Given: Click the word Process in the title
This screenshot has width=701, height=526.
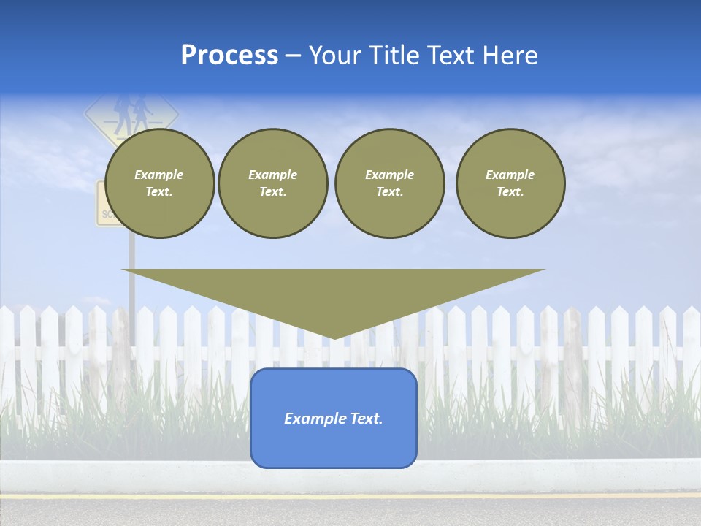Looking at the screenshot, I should (229, 56).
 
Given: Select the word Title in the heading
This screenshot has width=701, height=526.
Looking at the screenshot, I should (397, 56).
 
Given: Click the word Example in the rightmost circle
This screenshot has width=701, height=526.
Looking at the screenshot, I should (510, 175).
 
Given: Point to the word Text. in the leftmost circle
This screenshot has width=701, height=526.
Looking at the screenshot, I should (159, 192).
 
